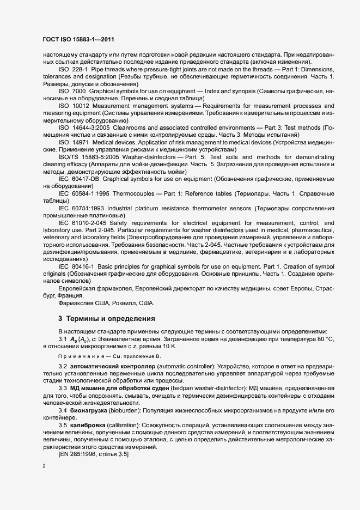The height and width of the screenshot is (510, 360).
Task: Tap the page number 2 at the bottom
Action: (x=44, y=467)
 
